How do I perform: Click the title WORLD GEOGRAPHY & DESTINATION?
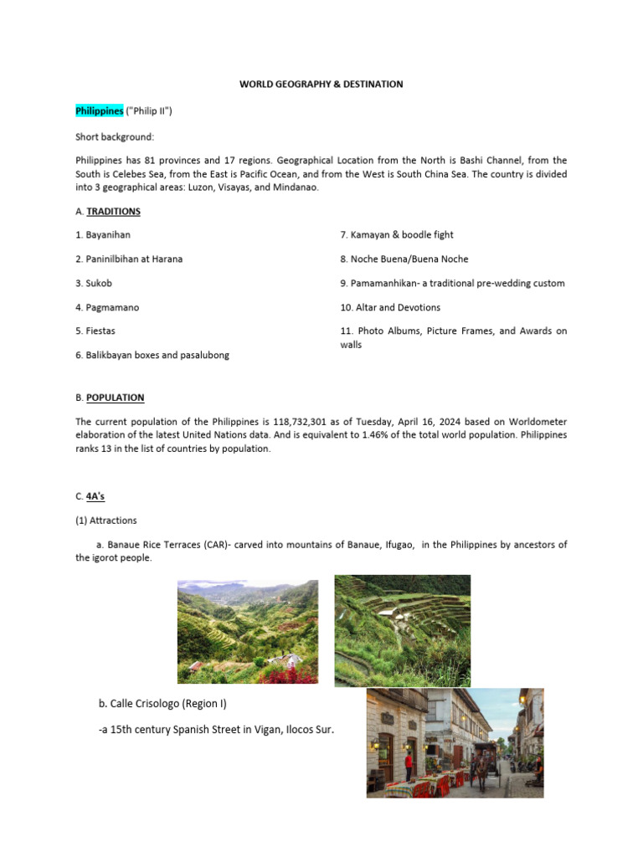coord(321,85)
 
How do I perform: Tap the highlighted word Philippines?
coord(99,111)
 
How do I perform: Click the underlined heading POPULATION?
coord(116,398)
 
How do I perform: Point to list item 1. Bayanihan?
coord(103,235)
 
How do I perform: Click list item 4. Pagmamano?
coord(107,307)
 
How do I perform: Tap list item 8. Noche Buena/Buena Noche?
coord(404,259)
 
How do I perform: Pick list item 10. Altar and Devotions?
coord(390,307)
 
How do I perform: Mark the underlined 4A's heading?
coord(95,496)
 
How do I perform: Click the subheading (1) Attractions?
coord(106,521)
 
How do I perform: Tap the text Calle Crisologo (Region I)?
coord(167,702)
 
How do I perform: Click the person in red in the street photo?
coord(408,762)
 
